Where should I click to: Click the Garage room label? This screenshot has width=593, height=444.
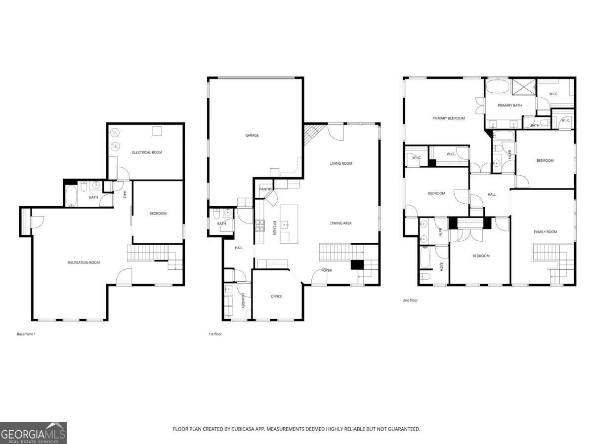[x=252, y=135]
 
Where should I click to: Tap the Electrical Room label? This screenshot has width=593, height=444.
[x=147, y=152]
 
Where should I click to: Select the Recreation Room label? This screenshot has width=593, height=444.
[x=84, y=262]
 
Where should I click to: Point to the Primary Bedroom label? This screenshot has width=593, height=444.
[x=448, y=118]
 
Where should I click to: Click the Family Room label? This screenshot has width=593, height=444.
[x=545, y=232]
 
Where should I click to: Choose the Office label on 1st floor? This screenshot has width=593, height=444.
[x=276, y=296]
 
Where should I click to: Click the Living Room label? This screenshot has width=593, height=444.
[x=341, y=163]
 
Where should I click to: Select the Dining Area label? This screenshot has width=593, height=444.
[x=340, y=223]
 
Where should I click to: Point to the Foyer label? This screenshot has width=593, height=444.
[x=327, y=270]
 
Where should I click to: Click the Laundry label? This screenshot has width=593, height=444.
[x=244, y=301]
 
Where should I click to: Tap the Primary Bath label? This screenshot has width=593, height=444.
[x=509, y=106]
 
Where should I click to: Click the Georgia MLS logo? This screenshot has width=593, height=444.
[x=33, y=433]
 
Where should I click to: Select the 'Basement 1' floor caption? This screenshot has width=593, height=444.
[x=26, y=334]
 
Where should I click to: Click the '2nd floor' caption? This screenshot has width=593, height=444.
[x=410, y=300]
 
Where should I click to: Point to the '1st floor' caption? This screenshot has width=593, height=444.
[x=215, y=334]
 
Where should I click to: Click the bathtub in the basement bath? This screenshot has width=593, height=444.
[x=71, y=195]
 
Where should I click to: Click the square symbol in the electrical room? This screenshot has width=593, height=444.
[x=157, y=131]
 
